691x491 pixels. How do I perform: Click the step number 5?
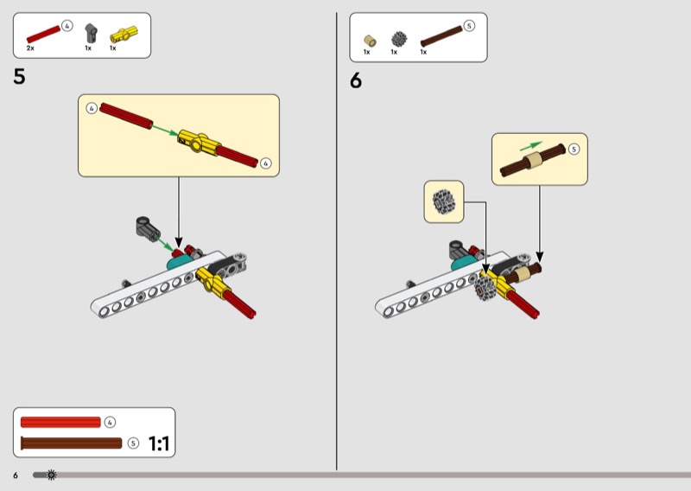pos(19,77)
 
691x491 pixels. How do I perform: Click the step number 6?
pos(356,81)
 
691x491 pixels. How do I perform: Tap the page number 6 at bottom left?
pos(16,475)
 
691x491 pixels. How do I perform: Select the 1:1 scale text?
pos(160,444)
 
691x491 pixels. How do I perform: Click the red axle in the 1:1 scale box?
pos(60,422)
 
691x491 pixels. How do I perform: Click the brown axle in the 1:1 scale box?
pos(71,443)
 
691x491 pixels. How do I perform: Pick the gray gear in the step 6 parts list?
pos(398,38)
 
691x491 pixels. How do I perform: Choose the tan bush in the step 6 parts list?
pos(370,40)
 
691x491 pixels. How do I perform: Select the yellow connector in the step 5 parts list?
pos(118,35)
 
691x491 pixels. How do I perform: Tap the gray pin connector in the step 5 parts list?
pos(89,34)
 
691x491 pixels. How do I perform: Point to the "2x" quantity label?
pos(30,48)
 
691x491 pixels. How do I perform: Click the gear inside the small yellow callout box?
pos(445,201)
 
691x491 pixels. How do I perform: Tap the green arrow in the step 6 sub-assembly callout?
pos(532,145)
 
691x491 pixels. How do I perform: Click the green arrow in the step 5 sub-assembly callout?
pos(165,131)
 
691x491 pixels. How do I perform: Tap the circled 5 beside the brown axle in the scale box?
pos(133,443)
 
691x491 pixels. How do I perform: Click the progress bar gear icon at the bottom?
pos(52,475)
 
